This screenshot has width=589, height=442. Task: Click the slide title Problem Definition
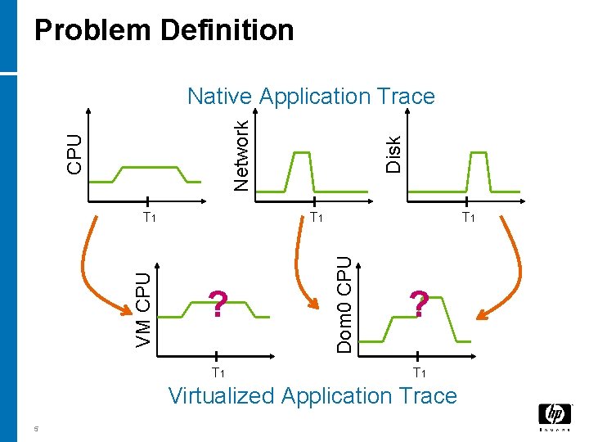(x=164, y=31)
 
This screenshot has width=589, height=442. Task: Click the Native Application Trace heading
(x=311, y=97)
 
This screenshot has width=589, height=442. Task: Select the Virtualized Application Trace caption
(x=312, y=396)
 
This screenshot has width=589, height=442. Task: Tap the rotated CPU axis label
(x=74, y=153)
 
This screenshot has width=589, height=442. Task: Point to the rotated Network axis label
(x=241, y=155)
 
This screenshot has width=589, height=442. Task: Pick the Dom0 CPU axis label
(x=345, y=304)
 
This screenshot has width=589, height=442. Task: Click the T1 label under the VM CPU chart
(x=218, y=373)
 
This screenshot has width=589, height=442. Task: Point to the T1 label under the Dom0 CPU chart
(x=419, y=373)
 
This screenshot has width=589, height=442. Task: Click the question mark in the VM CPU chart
(x=218, y=304)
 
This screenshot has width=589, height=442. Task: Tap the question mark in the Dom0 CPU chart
(x=419, y=304)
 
